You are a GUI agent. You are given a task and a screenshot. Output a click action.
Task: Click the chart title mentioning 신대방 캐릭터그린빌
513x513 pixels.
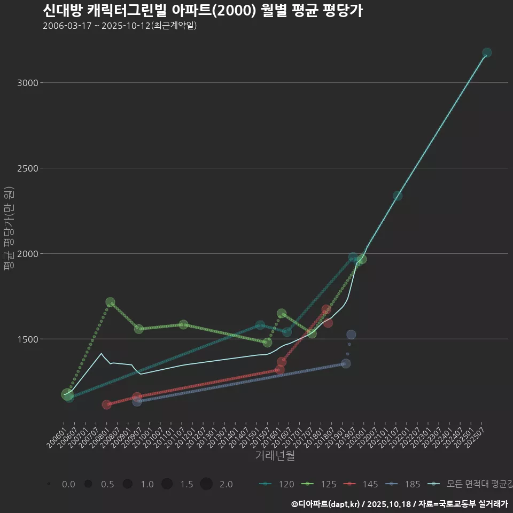click(x=203, y=11)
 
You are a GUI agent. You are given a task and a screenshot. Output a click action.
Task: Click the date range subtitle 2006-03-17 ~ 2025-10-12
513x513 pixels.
click(x=120, y=26)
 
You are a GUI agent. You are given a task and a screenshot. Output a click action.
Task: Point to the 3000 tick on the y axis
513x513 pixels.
click(x=27, y=83)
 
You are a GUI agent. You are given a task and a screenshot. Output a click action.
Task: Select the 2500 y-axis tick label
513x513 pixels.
click(x=27, y=168)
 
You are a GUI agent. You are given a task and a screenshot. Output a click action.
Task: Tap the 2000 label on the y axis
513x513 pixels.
click(x=27, y=254)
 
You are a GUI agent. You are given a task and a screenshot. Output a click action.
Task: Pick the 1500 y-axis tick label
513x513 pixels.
click(x=27, y=339)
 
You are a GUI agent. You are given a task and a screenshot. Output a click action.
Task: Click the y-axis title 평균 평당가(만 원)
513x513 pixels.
click(x=8, y=230)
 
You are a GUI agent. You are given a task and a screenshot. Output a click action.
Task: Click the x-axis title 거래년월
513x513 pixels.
click(x=275, y=455)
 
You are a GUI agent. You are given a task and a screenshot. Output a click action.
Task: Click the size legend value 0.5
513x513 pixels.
click(x=107, y=484)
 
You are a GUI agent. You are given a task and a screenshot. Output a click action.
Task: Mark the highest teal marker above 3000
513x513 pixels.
click(x=487, y=52)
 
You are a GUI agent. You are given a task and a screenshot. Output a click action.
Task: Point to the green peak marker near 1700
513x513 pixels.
click(x=110, y=302)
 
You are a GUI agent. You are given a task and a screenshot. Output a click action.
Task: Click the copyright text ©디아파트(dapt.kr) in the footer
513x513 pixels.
click(x=326, y=504)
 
